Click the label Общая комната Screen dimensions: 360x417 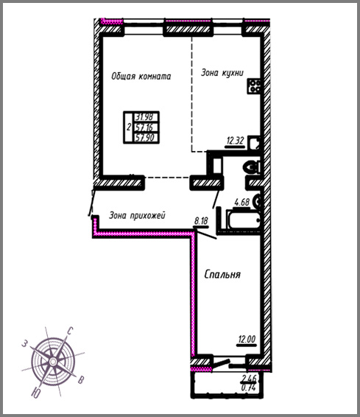pos(141,77)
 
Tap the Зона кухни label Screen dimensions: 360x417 pos(222,73)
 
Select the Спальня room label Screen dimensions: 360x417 pos(222,274)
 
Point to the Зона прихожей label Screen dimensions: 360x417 pos(138,215)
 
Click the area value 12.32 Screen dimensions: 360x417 pos(235,141)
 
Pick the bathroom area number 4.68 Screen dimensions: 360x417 pos(241,203)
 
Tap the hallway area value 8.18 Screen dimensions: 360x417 pos(201,221)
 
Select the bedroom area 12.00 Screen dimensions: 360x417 pos(247,340)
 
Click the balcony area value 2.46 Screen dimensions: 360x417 pos(249,378)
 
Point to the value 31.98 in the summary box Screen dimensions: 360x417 pos(144,116)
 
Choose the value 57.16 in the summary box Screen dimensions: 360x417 pos(144,127)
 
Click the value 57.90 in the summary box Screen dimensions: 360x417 pos(145,138)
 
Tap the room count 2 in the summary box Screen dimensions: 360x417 pos(129,127)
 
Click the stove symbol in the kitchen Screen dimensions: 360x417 pos(254,86)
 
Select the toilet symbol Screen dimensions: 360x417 pos(251,168)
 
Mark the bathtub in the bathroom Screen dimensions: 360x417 pos(243,220)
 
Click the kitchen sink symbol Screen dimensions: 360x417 pos(254,143)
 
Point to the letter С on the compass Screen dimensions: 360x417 pos(70,331)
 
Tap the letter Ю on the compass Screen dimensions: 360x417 pos(35,393)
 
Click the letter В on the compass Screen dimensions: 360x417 pos(81,379)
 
